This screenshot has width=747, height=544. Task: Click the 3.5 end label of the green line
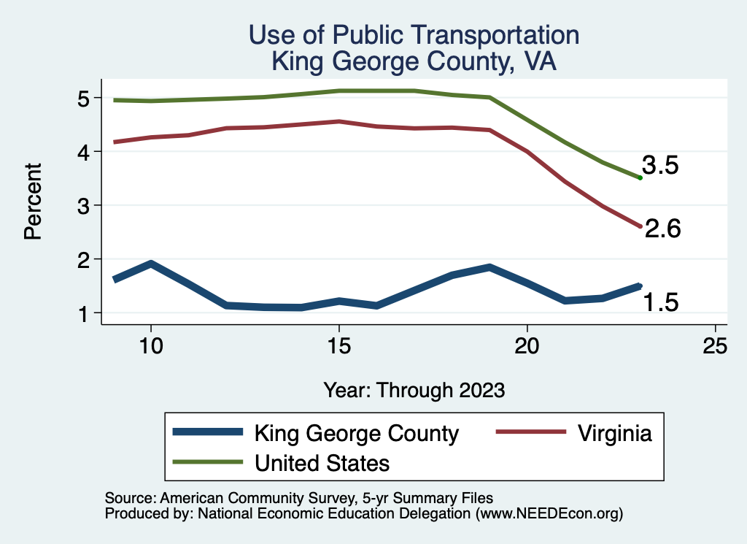pyautogui.click(x=660, y=166)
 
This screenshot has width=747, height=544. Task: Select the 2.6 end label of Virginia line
pyautogui.click(x=662, y=229)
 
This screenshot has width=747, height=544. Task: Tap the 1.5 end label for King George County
pyautogui.click(x=661, y=301)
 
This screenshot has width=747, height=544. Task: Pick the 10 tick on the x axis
pyautogui.click(x=150, y=345)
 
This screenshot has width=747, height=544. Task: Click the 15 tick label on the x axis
pyautogui.click(x=338, y=345)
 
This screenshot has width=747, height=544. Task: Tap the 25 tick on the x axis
pyautogui.click(x=716, y=345)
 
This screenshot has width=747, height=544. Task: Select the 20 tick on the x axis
pyautogui.click(x=527, y=345)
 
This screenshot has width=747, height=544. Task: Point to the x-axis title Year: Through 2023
pyautogui.click(x=414, y=390)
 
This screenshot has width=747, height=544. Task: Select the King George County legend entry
pyautogui.click(x=356, y=433)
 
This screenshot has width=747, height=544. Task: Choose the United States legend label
pyautogui.click(x=322, y=462)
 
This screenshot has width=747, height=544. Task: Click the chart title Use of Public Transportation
pyautogui.click(x=414, y=35)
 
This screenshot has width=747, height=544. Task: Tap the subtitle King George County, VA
pyautogui.click(x=414, y=61)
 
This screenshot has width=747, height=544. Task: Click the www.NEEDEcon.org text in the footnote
pyautogui.click(x=549, y=513)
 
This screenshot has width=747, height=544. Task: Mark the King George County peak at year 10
pyautogui.click(x=150, y=264)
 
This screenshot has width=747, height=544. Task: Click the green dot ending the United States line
pyautogui.click(x=640, y=177)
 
